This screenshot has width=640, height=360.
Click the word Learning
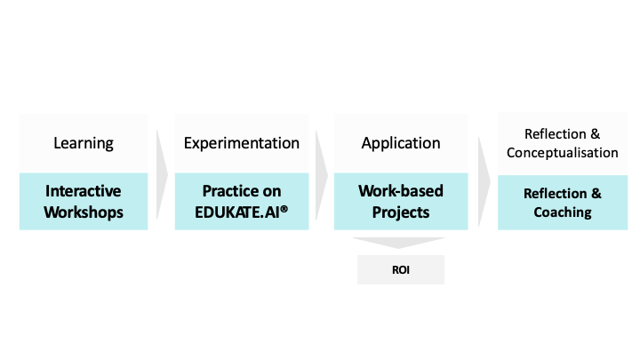(x=84, y=143)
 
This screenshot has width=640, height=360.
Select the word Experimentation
(x=241, y=143)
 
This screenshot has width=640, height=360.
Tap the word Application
(x=400, y=143)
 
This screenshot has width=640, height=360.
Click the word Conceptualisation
(x=562, y=153)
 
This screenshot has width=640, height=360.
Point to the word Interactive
(x=84, y=191)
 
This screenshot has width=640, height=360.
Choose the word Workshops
(x=84, y=212)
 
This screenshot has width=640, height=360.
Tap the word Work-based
(x=400, y=191)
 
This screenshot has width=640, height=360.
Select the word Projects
(x=400, y=212)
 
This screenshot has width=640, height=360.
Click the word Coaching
(x=562, y=212)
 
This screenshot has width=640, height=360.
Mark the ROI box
(x=400, y=269)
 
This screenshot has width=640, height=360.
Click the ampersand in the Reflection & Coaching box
(x=596, y=194)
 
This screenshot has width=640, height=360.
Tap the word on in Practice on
(x=270, y=191)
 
